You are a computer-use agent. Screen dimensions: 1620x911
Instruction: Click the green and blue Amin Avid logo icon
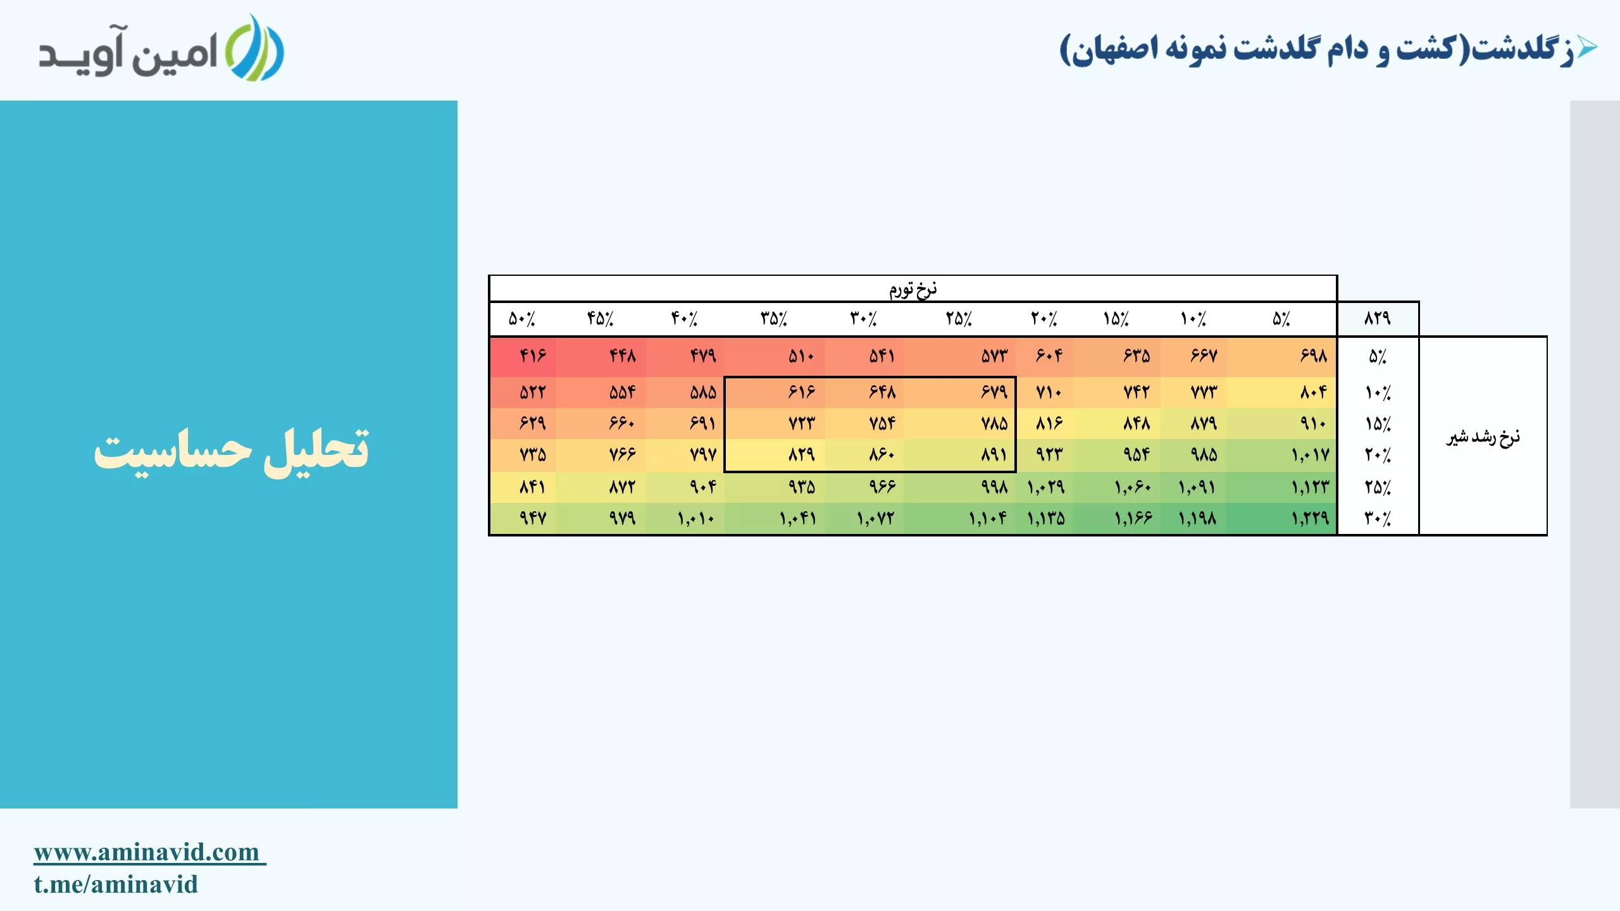click(254, 48)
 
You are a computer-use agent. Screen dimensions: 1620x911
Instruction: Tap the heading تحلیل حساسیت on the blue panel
click(232, 451)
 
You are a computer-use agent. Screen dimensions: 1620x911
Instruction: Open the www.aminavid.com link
click(149, 852)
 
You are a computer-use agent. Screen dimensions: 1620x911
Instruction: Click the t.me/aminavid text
click(116, 884)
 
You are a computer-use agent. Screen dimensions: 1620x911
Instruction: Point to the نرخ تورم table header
click(913, 289)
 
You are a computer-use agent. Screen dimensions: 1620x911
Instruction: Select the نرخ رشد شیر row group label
click(1483, 437)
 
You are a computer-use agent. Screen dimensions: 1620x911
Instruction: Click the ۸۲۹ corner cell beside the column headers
click(1378, 318)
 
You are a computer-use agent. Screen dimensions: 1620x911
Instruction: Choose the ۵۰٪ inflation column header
click(522, 318)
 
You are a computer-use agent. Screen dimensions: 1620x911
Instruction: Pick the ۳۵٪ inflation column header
click(774, 318)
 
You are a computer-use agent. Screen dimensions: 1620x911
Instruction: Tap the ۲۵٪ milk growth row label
click(1378, 487)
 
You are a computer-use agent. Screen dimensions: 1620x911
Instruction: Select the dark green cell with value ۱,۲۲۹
click(1282, 519)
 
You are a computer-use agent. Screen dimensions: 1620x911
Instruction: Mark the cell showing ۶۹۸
click(1282, 356)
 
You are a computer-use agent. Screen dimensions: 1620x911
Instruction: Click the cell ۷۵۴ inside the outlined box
click(865, 423)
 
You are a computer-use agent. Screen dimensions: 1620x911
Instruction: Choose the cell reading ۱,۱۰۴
click(959, 519)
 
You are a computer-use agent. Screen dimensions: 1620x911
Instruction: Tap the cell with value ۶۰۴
click(1045, 356)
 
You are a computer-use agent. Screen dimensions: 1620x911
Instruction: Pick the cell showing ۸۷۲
click(602, 487)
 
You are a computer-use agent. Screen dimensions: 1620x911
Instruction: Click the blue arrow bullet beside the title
click(1587, 47)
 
